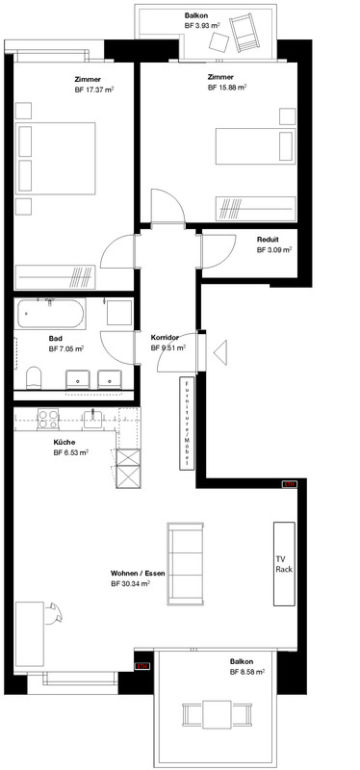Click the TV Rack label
(x=283, y=564)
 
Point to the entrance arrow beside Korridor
(x=219, y=353)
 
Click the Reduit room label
(x=269, y=240)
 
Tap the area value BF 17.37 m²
(x=93, y=90)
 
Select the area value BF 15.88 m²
(x=227, y=87)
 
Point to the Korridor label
(x=166, y=338)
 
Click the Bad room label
(x=57, y=339)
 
